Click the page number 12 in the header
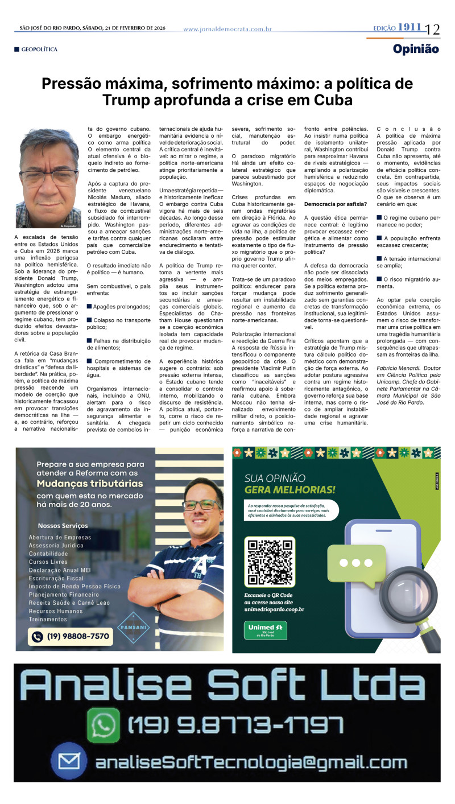pos(432,28)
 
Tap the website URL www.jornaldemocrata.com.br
pos(227,29)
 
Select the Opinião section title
pos(416,49)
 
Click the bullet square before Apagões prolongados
pos(89,306)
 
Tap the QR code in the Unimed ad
pos(270,561)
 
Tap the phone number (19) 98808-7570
pos(71,636)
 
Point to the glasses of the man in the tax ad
pos(201,505)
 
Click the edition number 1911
pos(409,27)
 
